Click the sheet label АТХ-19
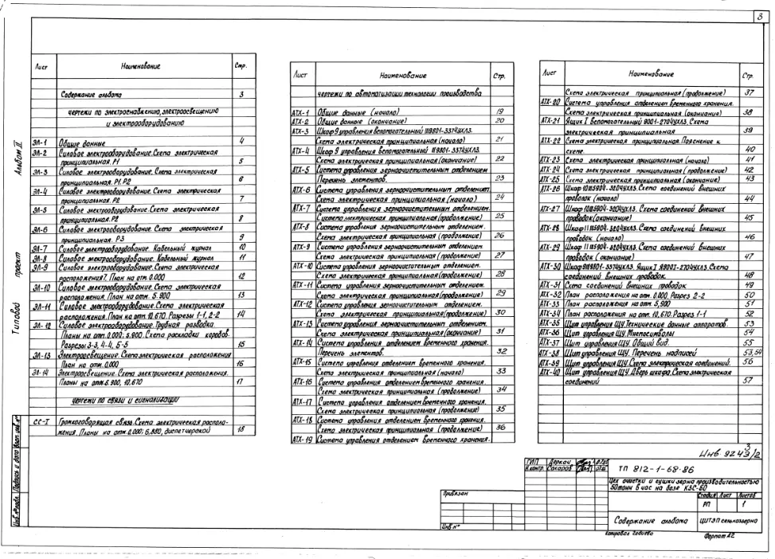tap(300, 440)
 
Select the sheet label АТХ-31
tap(550, 284)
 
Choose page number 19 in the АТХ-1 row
tap(500, 112)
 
